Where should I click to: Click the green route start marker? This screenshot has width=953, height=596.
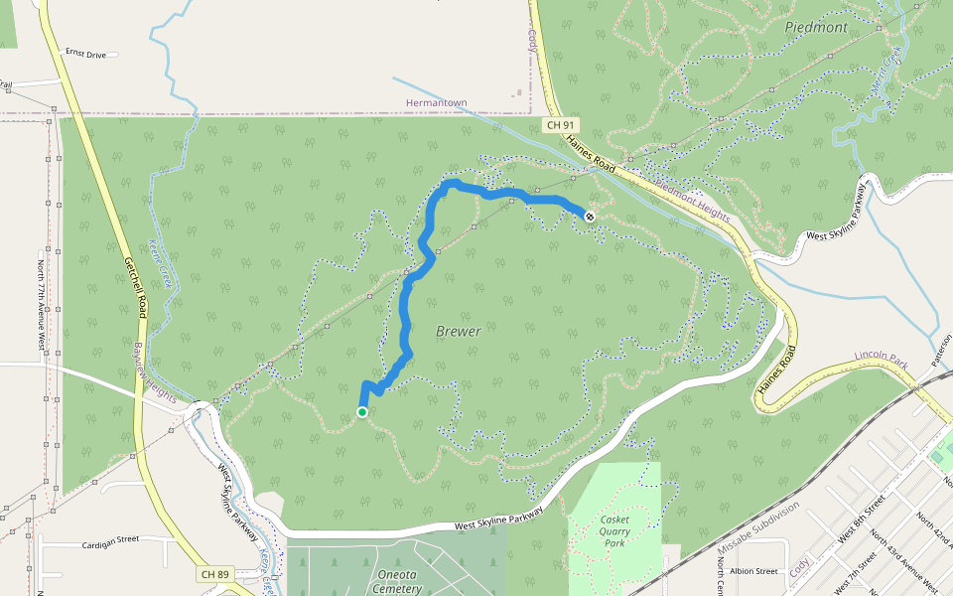pyautogui.click(x=362, y=412)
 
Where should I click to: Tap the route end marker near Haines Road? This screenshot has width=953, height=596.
pyautogui.click(x=590, y=216)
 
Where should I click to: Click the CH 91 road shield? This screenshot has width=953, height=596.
pyautogui.click(x=561, y=125)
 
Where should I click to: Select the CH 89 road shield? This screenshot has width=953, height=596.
pyautogui.click(x=214, y=574)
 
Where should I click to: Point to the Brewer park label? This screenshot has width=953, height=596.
pyautogui.click(x=459, y=331)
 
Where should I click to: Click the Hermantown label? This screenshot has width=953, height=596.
pyautogui.click(x=436, y=103)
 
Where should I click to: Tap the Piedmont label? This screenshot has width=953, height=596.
pyautogui.click(x=816, y=28)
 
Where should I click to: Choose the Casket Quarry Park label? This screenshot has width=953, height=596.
pyautogui.click(x=614, y=531)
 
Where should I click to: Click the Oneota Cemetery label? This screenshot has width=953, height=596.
pyautogui.click(x=397, y=581)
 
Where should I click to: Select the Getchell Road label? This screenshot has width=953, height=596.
pyautogui.click(x=136, y=288)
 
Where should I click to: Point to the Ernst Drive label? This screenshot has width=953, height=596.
pyautogui.click(x=85, y=53)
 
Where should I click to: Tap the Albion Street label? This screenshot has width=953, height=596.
pyautogui.click(x=753, y=571)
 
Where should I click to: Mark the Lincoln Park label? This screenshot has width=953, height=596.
pyautogui.click(x=881, y=360)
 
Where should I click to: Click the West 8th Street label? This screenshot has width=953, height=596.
pyautogui.click(x=861, y=521)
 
